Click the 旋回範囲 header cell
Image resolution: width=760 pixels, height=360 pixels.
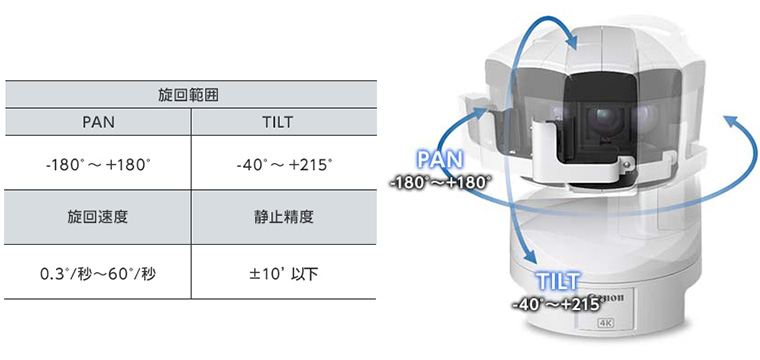(190, 95)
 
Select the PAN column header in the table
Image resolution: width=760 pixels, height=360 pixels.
(98, 122)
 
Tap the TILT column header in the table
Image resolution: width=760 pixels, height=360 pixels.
(284, 122)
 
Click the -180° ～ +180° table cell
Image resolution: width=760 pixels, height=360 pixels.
(98, 163)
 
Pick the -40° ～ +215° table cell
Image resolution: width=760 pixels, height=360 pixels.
(284, 163)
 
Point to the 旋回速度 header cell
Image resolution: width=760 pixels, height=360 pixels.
(98, 217)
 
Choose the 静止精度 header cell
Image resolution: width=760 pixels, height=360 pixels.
(284, 217)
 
